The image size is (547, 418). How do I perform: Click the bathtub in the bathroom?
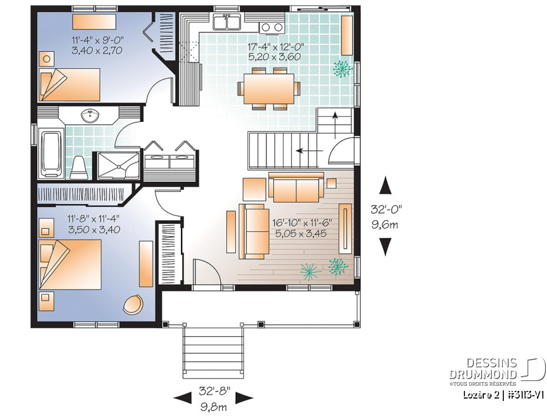click(x=52, y=153)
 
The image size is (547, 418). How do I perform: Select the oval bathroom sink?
click(x=90, y=116)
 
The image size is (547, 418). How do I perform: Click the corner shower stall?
click(x=118, y=165)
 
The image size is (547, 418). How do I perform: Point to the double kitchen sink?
click(x=227, y=22)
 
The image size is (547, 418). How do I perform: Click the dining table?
click(x=269, y=89)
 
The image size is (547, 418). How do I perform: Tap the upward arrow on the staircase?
click(x=335, y=125)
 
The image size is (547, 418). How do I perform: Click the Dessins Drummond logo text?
click(x=483, y=369)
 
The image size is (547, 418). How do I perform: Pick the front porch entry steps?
click(x=213, y=351)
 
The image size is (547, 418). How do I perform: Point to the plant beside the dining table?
click(x=342, y=69)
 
